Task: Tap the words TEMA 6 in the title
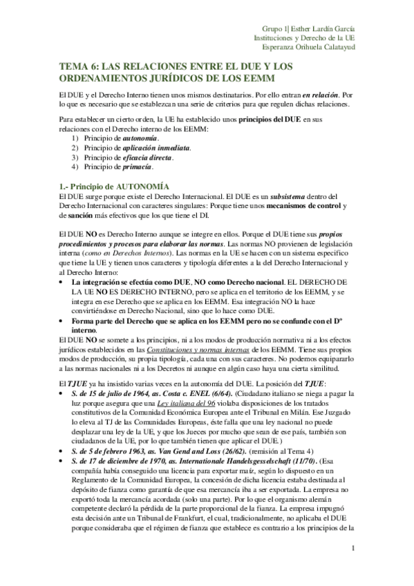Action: pos(77,66)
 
